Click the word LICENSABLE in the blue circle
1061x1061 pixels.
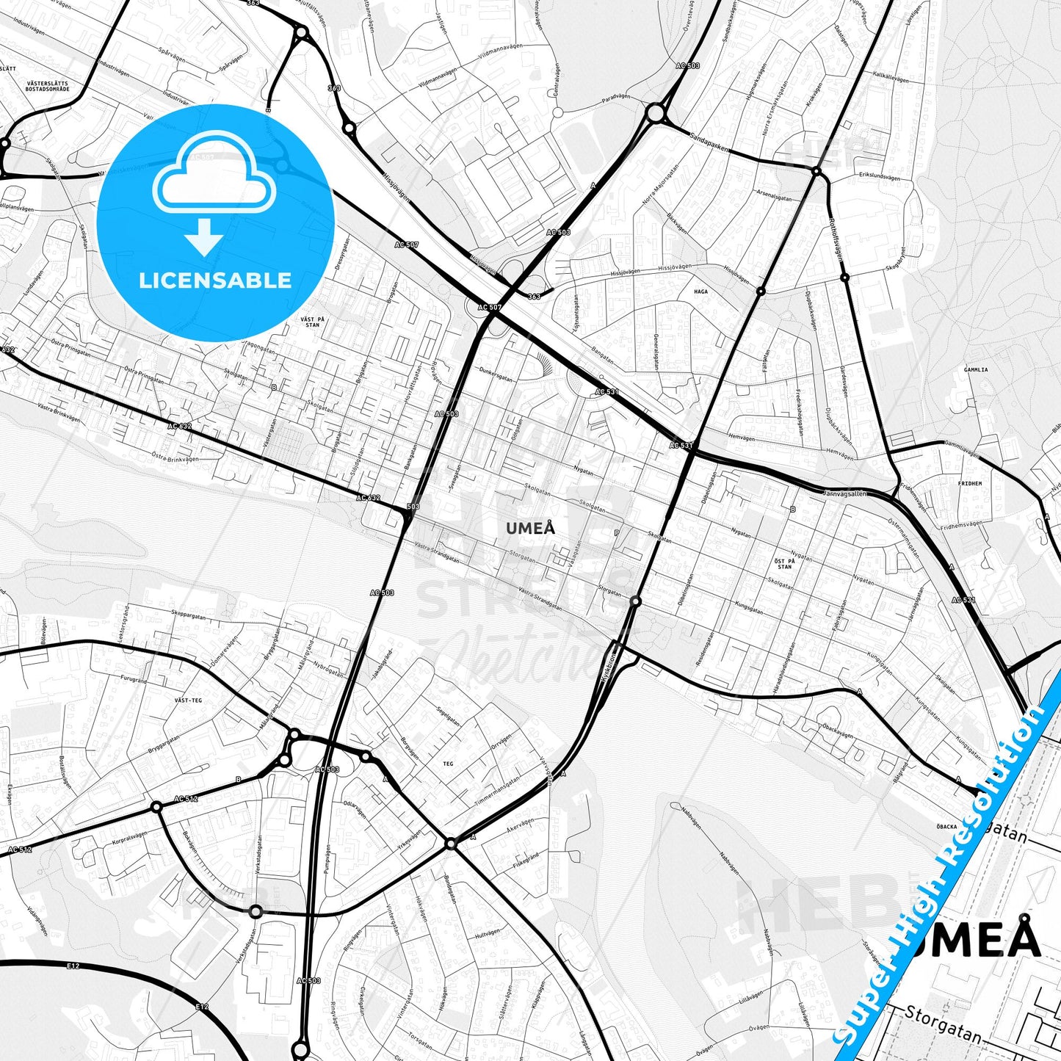click(x=215, y=280)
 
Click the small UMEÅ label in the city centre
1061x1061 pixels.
click(x=530, y=528)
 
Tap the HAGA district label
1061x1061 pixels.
click(x=701, y=291)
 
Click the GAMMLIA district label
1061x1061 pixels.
click(x=976, y=370)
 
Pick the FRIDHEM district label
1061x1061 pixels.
click(x=969, y=484)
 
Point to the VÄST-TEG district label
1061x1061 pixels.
click(x=188, y=700)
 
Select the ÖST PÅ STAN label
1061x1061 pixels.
click(x=784, y=562)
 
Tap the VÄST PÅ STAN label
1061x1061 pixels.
click(x=311, y=320)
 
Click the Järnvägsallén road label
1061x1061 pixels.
click(x=845, y=493)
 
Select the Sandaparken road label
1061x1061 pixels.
click(x=709, y=142)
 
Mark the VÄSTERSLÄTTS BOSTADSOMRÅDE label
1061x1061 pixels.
click(x=47, y=86)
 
